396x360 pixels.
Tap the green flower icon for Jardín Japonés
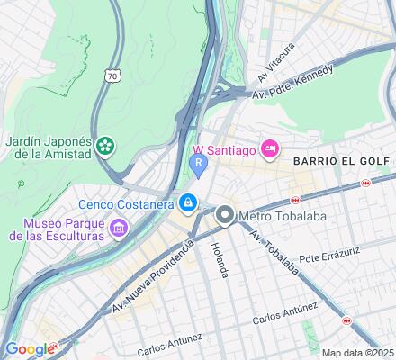pos(106,145)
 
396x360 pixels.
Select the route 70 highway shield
pos(112,76)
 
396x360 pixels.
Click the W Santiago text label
pos(224,148)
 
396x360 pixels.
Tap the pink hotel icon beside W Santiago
pos(269,148)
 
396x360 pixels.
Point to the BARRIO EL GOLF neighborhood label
pos(340,160)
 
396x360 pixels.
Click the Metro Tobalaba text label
pos(282,215)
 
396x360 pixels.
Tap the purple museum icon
pos(117,229)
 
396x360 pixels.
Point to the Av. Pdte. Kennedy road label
pos(292,83)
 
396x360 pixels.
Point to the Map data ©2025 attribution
pos(357,353)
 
